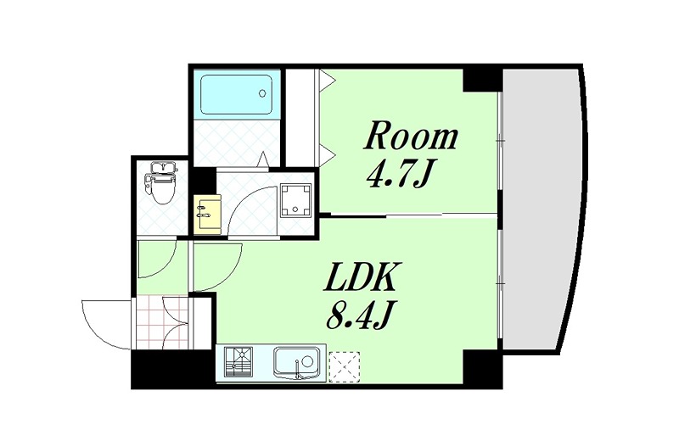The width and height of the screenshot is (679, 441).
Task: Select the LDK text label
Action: pyautogui.click(x=357, y=277)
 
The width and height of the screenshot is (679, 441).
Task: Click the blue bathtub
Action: pyautogui.click(x=237, y=94)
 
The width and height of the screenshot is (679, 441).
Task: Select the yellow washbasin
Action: pyautogui.click(x=207, y=214)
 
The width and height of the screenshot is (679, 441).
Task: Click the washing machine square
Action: pyautogui.click(x=295, y=199)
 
